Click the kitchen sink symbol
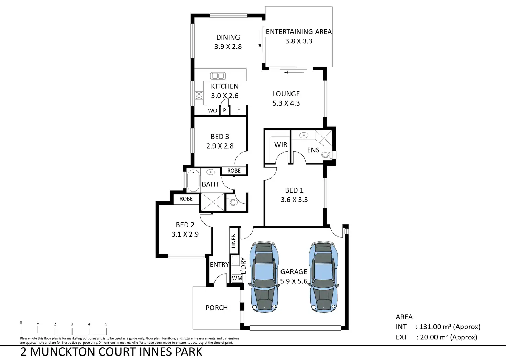(x=218, y=76)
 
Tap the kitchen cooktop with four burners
(x=199, y=96)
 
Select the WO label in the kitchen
(x=212, y=111)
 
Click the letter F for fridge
(x=238, y=110)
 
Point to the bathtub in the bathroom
(x=193, y=181)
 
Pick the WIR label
(x=281, y=145)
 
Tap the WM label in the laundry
(x=237, y=278)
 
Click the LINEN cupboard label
(x=233, y=241)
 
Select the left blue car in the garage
(x=264, y=277)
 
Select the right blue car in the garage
(x=324, y=277)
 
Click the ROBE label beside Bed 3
(x=234, y=171)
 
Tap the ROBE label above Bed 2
(x=186, y=199)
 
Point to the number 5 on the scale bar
(x=106, y=324)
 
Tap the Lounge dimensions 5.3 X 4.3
(x=286, y=103)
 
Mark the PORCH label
(x=217, y=308)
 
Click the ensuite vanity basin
(x=304, y=135)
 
